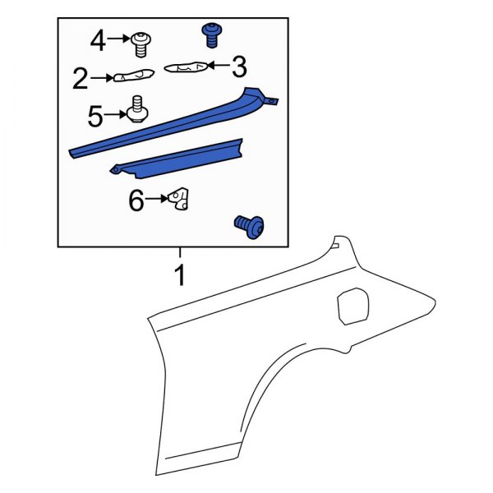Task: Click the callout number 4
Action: pyautogui.click(x=99, y=39)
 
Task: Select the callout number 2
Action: pyautogui.click(x=80, y=79)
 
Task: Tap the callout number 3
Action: pyautogui.click(x=238, y=65)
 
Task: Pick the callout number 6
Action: pyautogui.click(x=136, y=200)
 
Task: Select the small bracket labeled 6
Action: pyautogui.click(x=180, y=200)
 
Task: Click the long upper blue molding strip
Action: pyautogui.click(x=164, y=125)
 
